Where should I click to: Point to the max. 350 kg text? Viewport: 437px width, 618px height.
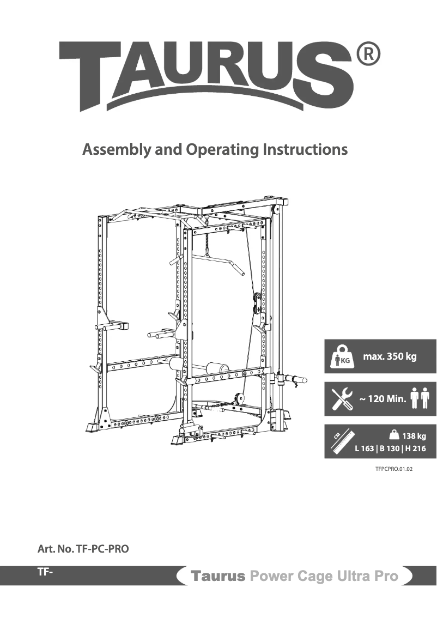coord(390,357)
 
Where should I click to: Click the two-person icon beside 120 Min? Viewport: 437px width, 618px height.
coord(420,398)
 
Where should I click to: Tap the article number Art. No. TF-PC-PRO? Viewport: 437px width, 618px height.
coord(83,549)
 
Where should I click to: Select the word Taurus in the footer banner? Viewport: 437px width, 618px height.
coord(216,576)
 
